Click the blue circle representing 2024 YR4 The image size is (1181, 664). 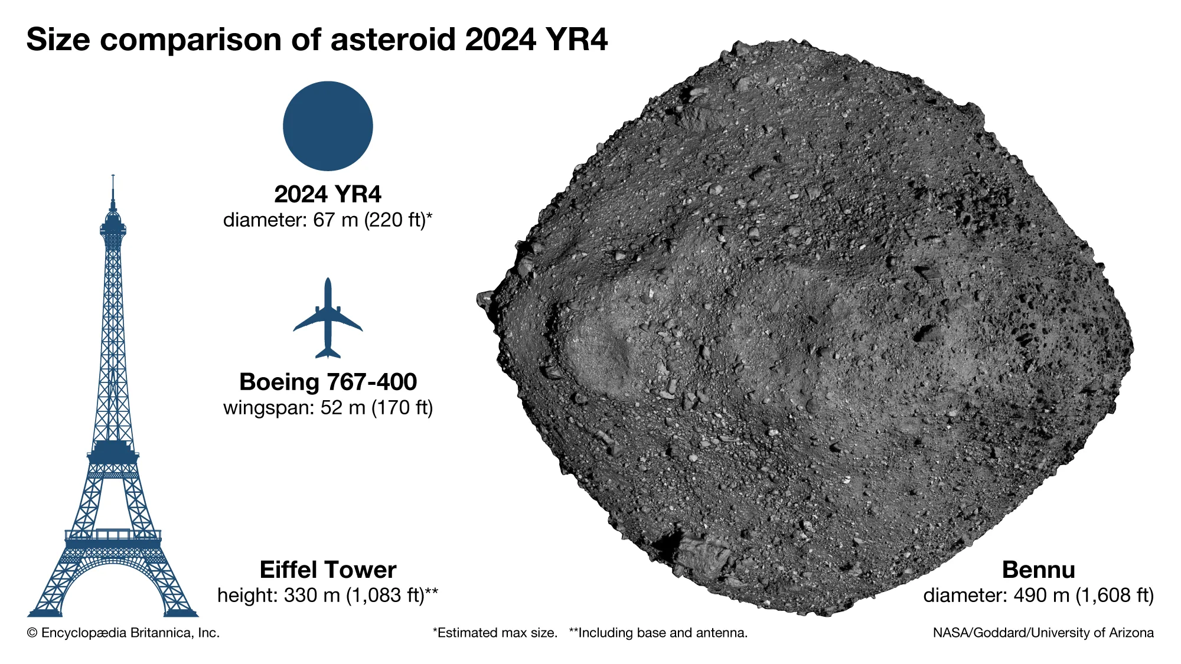[328, 126]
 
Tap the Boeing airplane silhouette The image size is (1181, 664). [328, 319]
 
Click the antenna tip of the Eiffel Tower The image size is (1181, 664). [113, 176]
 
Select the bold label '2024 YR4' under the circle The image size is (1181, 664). [328, 194]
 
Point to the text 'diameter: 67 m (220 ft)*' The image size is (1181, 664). [328, 220]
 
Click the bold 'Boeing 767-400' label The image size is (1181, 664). [328, 382]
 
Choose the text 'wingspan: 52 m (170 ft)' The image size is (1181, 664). [328, 408]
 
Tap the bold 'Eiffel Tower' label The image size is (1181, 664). [328, 570]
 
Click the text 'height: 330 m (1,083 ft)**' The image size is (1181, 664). [328, 595]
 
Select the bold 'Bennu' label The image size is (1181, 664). [1038, 570]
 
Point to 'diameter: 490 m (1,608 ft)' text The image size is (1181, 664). [1038, 595]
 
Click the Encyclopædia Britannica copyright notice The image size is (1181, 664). [123, 633]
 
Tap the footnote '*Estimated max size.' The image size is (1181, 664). [495, 633]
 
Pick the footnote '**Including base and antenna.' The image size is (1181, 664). [658, 633]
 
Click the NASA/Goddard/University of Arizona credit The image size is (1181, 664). [1043, 633]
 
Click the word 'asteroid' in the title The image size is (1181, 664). [393, 40]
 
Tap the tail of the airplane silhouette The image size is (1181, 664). [328, 353]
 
